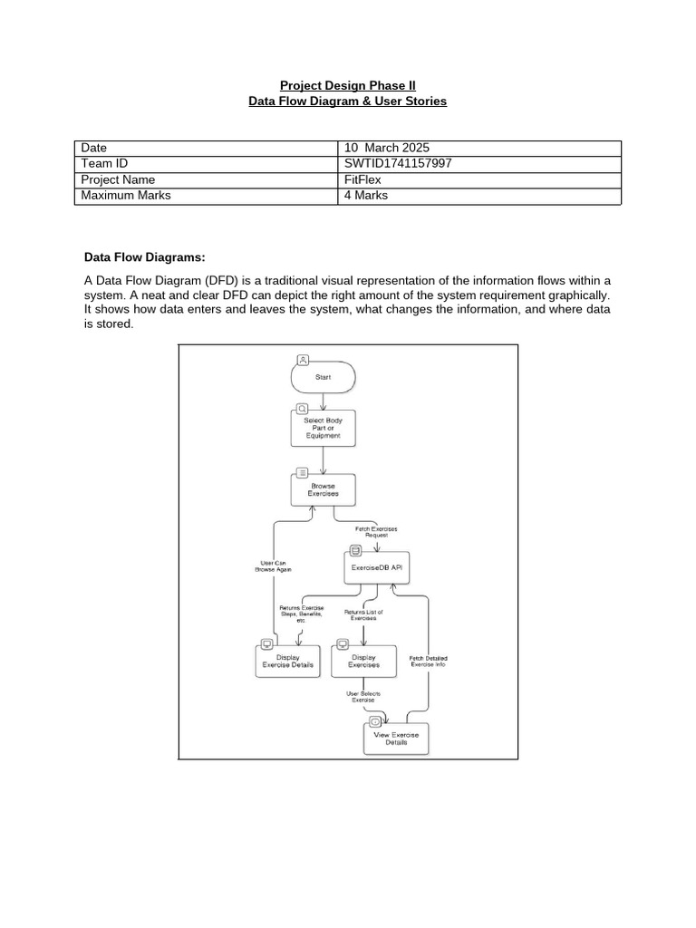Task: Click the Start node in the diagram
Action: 323,377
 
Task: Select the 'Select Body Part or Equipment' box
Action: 323,428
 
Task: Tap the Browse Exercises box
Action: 323,490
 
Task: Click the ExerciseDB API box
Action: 376,568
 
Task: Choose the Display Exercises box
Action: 363,661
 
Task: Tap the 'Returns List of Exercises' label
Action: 363,615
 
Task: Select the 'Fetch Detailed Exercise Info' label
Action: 429,661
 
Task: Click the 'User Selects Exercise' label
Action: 362,697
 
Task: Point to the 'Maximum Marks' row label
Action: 126,195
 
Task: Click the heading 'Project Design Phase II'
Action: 347,85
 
